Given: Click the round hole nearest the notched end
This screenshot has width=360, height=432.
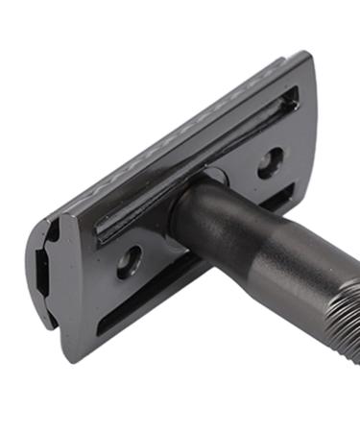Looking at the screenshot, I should (129, 261).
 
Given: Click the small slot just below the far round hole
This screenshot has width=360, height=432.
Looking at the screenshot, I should (278, 198).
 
